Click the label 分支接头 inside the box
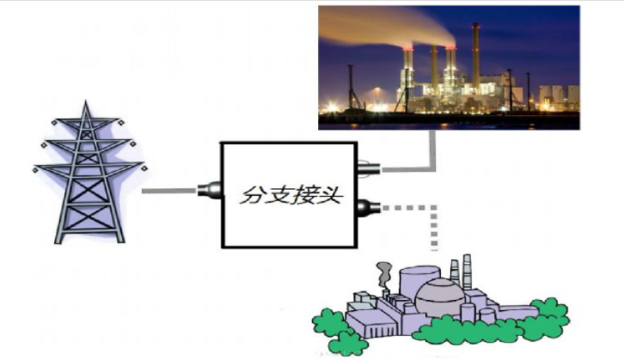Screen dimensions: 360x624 coord(291,195)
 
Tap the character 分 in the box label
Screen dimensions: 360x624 coord(251,196)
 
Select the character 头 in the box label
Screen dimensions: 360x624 coord(330,196)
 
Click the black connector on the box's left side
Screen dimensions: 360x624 coord(209,190)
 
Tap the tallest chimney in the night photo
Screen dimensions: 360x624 coord(475,60)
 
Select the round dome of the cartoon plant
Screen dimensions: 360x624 coord(435,296)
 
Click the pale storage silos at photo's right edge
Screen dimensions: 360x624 coord(558,95)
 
